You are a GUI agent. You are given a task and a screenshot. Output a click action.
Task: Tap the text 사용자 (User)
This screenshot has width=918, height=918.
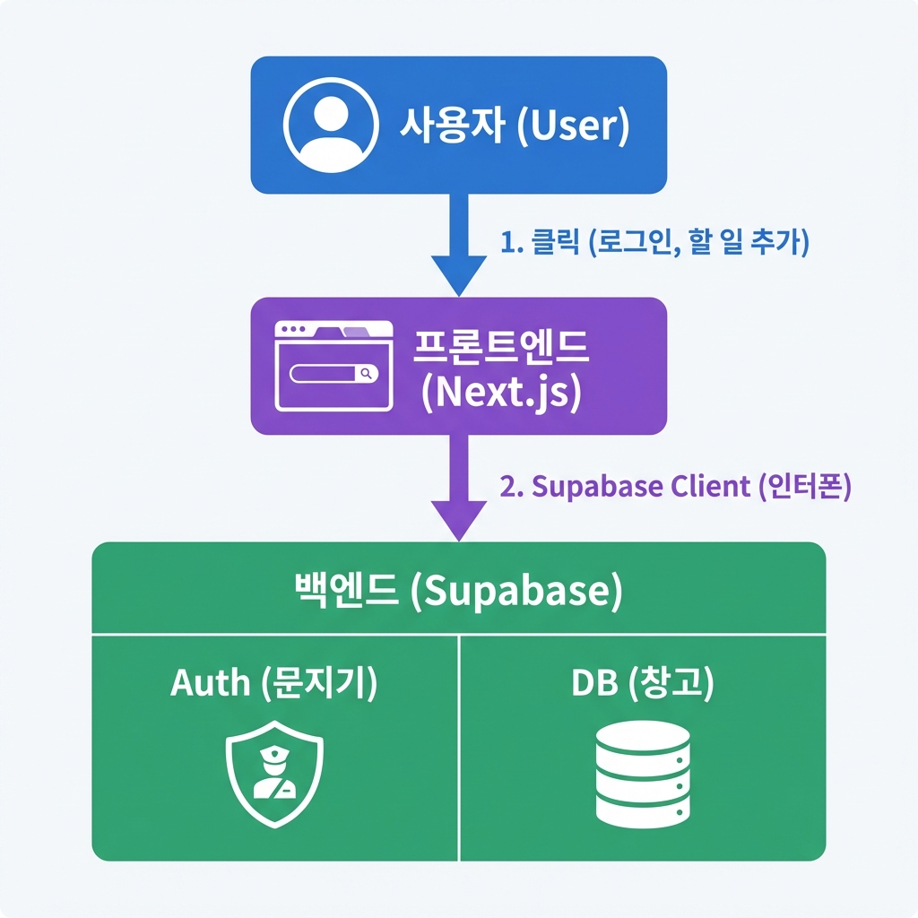tap(514, 126)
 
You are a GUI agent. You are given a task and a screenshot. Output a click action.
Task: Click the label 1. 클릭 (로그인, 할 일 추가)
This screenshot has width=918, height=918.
tap(654, 242)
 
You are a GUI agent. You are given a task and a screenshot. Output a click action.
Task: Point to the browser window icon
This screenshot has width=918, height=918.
tap(333, 367)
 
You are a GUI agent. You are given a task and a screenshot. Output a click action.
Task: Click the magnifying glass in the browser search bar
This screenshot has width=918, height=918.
tap(366, 374)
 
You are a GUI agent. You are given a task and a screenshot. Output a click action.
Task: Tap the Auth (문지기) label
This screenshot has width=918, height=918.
tap(274, 683)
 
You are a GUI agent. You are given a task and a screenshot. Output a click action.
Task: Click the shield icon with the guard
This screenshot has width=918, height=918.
tap(274, 773)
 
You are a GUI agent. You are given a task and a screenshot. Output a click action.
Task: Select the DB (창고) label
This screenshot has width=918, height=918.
tap(643, 683)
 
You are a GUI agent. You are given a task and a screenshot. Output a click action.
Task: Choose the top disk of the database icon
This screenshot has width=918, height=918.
tap(643, 741)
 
